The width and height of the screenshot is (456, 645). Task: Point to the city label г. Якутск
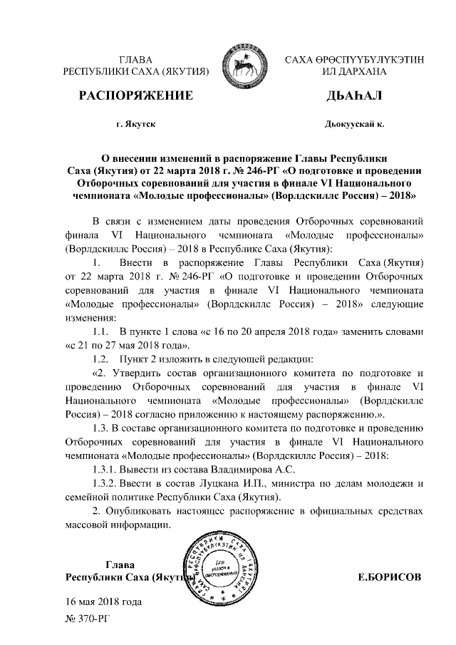click(135, 124)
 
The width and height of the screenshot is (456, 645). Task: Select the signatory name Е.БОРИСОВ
click(389, 576)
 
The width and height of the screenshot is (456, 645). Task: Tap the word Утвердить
click(142, 373)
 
